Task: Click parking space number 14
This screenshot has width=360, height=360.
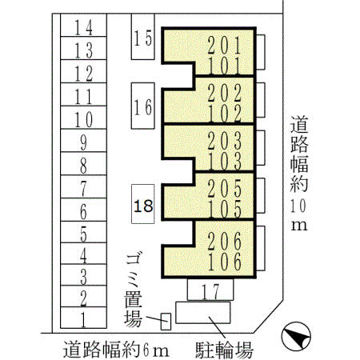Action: click(x=83, y=25)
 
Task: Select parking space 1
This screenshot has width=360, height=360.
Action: click(x=83, y=318)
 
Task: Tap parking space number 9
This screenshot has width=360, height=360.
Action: click(x=83, y=141)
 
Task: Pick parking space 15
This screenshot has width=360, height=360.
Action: click(x=143, y=37)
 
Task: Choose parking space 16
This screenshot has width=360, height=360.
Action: click(x=143, y=106)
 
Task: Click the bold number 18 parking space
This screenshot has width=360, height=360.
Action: click(x=143, y=204)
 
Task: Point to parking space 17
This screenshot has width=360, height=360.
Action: click(x=210, y=290)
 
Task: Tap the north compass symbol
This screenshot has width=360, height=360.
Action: click(x=296, y=336)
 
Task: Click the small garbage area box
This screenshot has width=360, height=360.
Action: click(x=166, y=322)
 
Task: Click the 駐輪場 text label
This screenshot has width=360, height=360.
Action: click(x=224, y=350)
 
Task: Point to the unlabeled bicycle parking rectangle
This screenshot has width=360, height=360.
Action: click(x=203, y=313)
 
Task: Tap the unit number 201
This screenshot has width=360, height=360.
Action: click(x=225, y=46)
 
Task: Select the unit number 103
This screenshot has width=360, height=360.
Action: click(x=225, y=161)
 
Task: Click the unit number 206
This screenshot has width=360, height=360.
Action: click(x=225, y=241)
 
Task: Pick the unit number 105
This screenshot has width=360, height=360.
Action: click(x=225, y=209)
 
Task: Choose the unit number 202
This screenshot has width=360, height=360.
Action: click(x=225, y=93)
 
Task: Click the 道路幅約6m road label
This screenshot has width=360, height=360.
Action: click(x=116, y=349)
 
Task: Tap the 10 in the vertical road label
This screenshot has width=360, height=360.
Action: click(x=298, y=206)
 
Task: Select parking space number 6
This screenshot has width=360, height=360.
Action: click(x=83, y=210)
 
